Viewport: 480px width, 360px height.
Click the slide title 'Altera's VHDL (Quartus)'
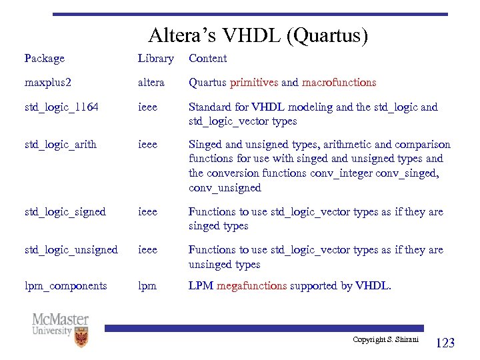pyautogui.click(x=258, y=35)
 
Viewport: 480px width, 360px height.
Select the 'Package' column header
pyautogui.click(x=44, y=59)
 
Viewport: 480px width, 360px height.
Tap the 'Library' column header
pyautogui.click(x=155, y=59)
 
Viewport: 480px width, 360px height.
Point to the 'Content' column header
pyautogui.click(x=207, y=59)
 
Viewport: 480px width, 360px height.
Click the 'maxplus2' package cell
pyautogui.click(x=47, y=83)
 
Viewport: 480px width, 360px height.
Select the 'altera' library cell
pyautogui.click(x=151, y=83)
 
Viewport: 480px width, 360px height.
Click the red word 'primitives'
pyautogui.click(x=254, y=83)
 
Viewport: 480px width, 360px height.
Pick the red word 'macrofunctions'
pyautogui.click(x=339, y=83)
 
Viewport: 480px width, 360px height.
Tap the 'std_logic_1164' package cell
pyautogui.click(x=61, y=107)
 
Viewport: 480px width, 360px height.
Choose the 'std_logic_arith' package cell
pyautogui.click(x=60, y=145)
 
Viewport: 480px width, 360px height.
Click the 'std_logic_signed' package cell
pyautogui.click(x=65, y=212)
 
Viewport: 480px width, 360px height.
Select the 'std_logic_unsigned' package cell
pyautogui.click(x=71, y=250)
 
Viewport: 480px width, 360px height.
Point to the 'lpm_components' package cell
pyautogui.click(x=65, y=286)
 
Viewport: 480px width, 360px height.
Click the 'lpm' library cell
pyautogui.click(x=147, y=286)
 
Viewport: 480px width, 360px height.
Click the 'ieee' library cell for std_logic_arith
pyautogui.click(x=147, y=145)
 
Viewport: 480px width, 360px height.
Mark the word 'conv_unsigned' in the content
pyautogui.click(x=225, y=188)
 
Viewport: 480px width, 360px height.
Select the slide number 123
pyautogui.click(x=445, y=343)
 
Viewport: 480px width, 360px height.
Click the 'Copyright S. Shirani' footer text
pyautogui.click(x=385, y=340)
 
